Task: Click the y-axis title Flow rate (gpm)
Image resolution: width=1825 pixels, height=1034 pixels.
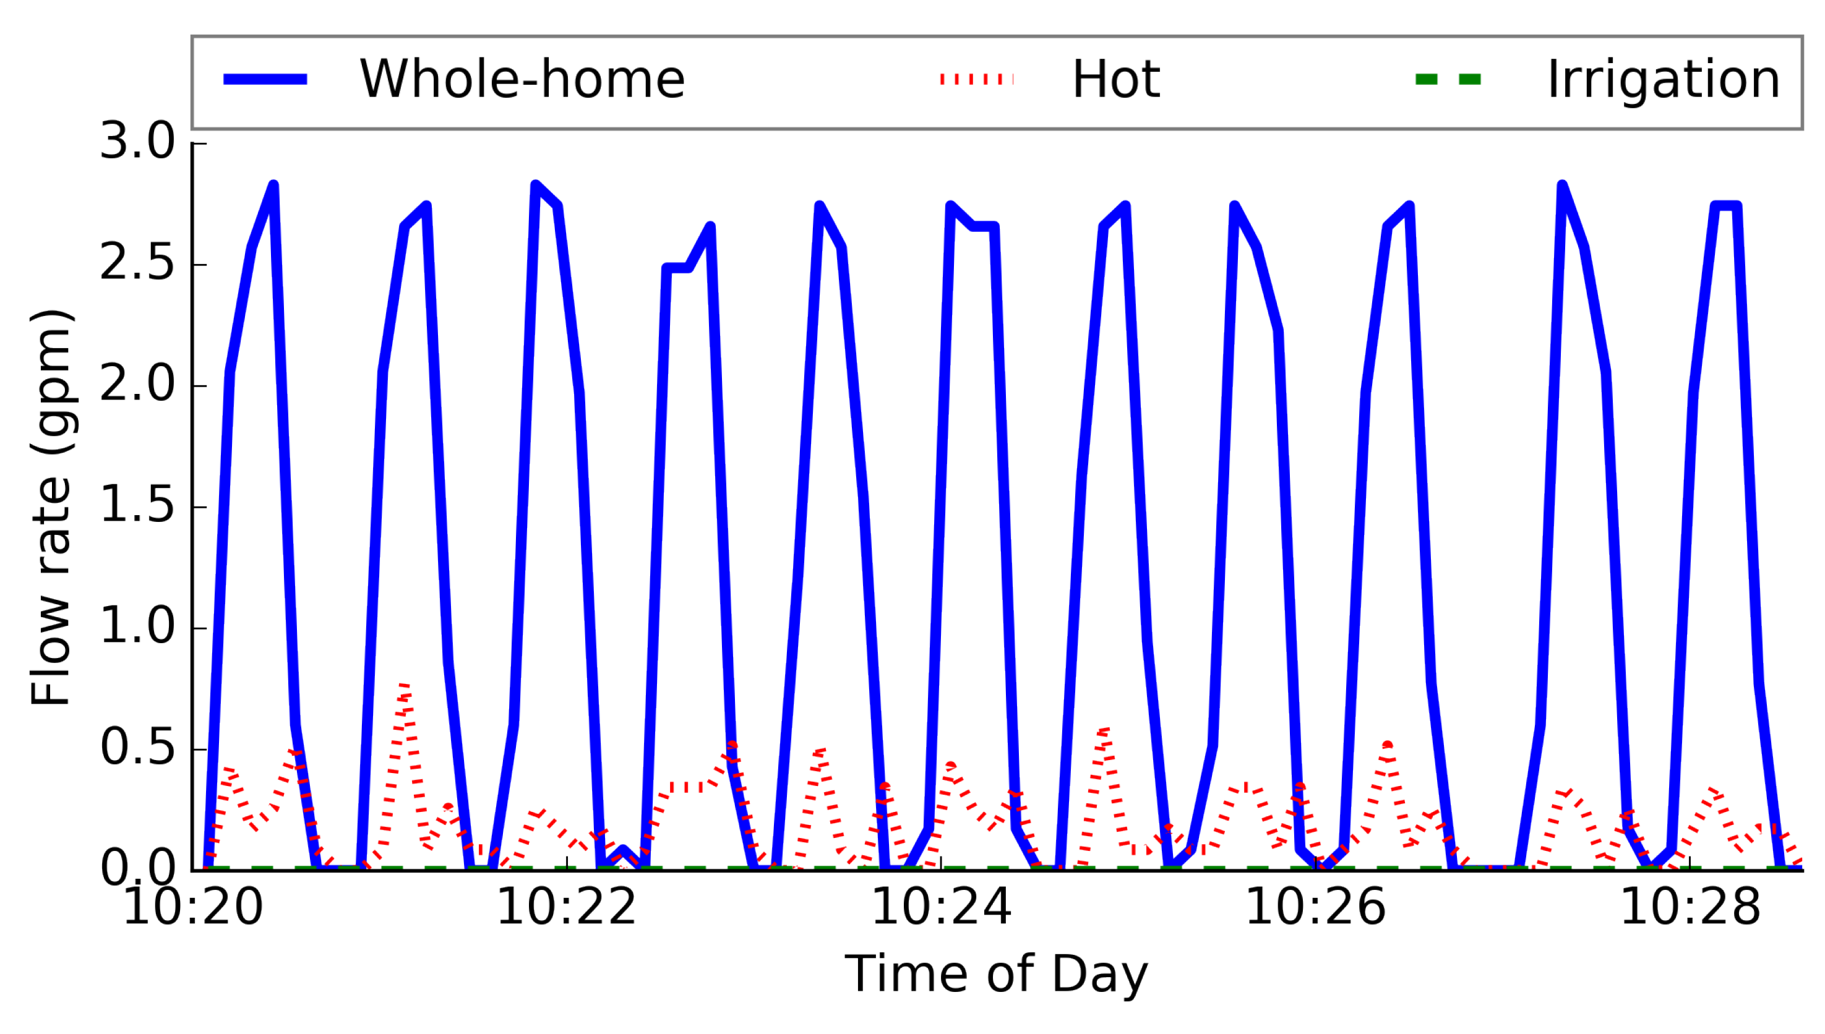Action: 51,507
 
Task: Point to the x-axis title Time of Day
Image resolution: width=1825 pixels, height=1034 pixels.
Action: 995,975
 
